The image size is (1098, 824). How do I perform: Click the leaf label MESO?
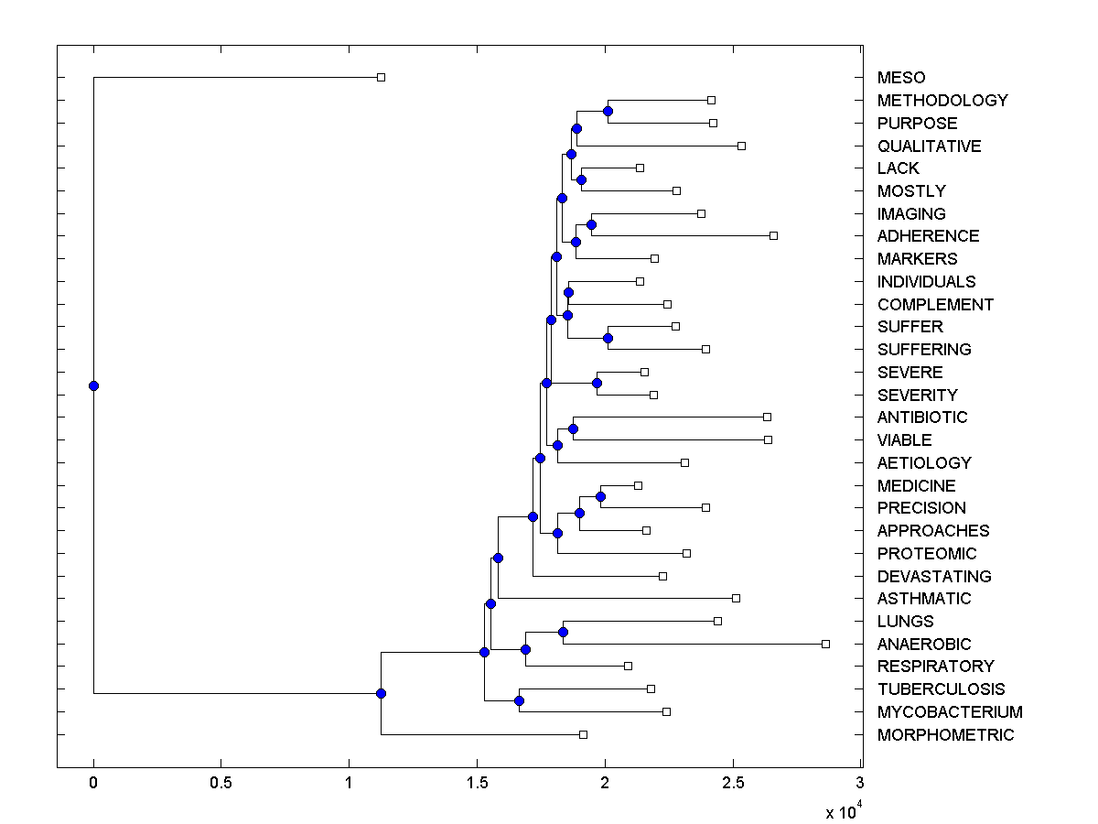900,78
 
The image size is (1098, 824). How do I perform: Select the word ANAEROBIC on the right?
924,645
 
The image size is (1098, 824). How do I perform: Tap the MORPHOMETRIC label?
945,735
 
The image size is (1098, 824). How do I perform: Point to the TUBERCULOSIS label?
941,689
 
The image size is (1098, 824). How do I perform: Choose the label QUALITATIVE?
929,146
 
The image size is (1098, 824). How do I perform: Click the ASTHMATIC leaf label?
924,599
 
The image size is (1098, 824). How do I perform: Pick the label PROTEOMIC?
927,554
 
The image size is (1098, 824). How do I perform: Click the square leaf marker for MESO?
382,78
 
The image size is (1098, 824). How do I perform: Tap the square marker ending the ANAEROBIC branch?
825,645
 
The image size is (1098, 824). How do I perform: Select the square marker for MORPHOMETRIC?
583,734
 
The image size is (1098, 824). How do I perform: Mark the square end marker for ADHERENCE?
773,236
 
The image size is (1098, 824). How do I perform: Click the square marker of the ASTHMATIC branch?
736,599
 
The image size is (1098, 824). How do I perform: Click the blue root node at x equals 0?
93,385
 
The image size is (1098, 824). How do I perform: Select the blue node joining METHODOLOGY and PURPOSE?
608,111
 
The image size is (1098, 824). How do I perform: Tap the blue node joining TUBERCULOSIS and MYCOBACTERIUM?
519,700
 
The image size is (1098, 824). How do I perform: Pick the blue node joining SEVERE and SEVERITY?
597,383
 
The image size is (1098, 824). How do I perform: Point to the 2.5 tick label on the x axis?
732,784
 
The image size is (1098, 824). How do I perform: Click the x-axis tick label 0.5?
221,784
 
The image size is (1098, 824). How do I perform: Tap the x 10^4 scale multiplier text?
842,811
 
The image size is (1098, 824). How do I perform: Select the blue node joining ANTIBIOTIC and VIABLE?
573,428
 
